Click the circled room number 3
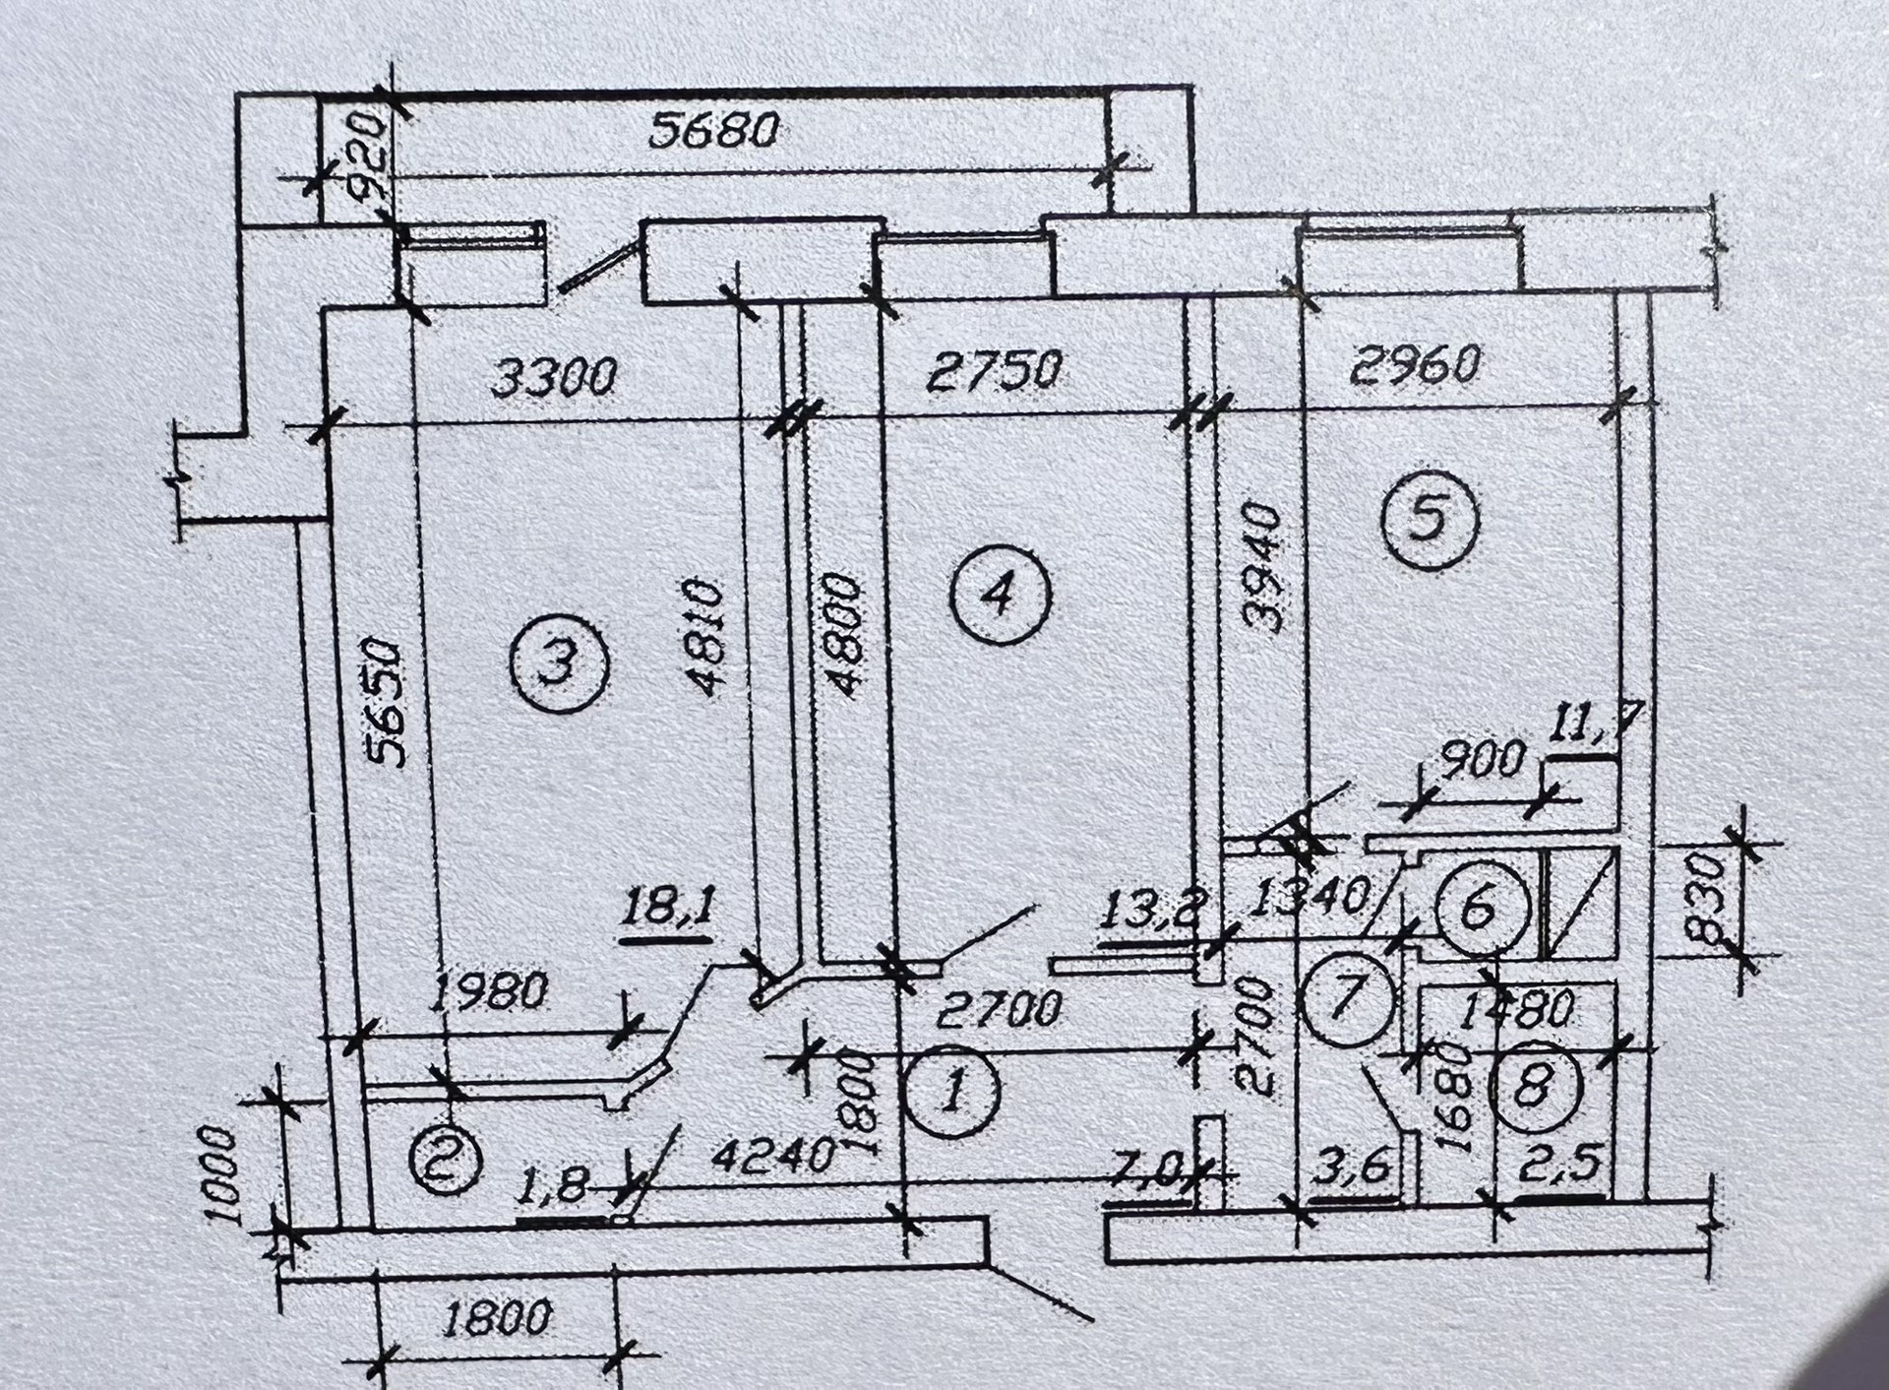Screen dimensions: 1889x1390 coord(559,663)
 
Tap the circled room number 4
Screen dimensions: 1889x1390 coord(1001,595)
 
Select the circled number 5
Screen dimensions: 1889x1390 coord(1430,520)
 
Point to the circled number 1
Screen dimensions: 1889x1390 coord(951,1091)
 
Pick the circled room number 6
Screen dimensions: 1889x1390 coord(1481,908)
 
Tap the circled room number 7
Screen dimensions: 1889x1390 coord(1348,996)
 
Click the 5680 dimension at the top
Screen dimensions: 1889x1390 coord(714,130)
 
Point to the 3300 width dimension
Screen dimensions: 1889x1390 coord(554,377)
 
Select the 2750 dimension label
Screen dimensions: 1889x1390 coord(995,370)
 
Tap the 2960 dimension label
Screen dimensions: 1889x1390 coord(1415,365)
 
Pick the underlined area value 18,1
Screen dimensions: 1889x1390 coord(668,908)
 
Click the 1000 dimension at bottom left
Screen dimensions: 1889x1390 coord(221,1174)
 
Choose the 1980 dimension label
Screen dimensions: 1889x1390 coord(488,992)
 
